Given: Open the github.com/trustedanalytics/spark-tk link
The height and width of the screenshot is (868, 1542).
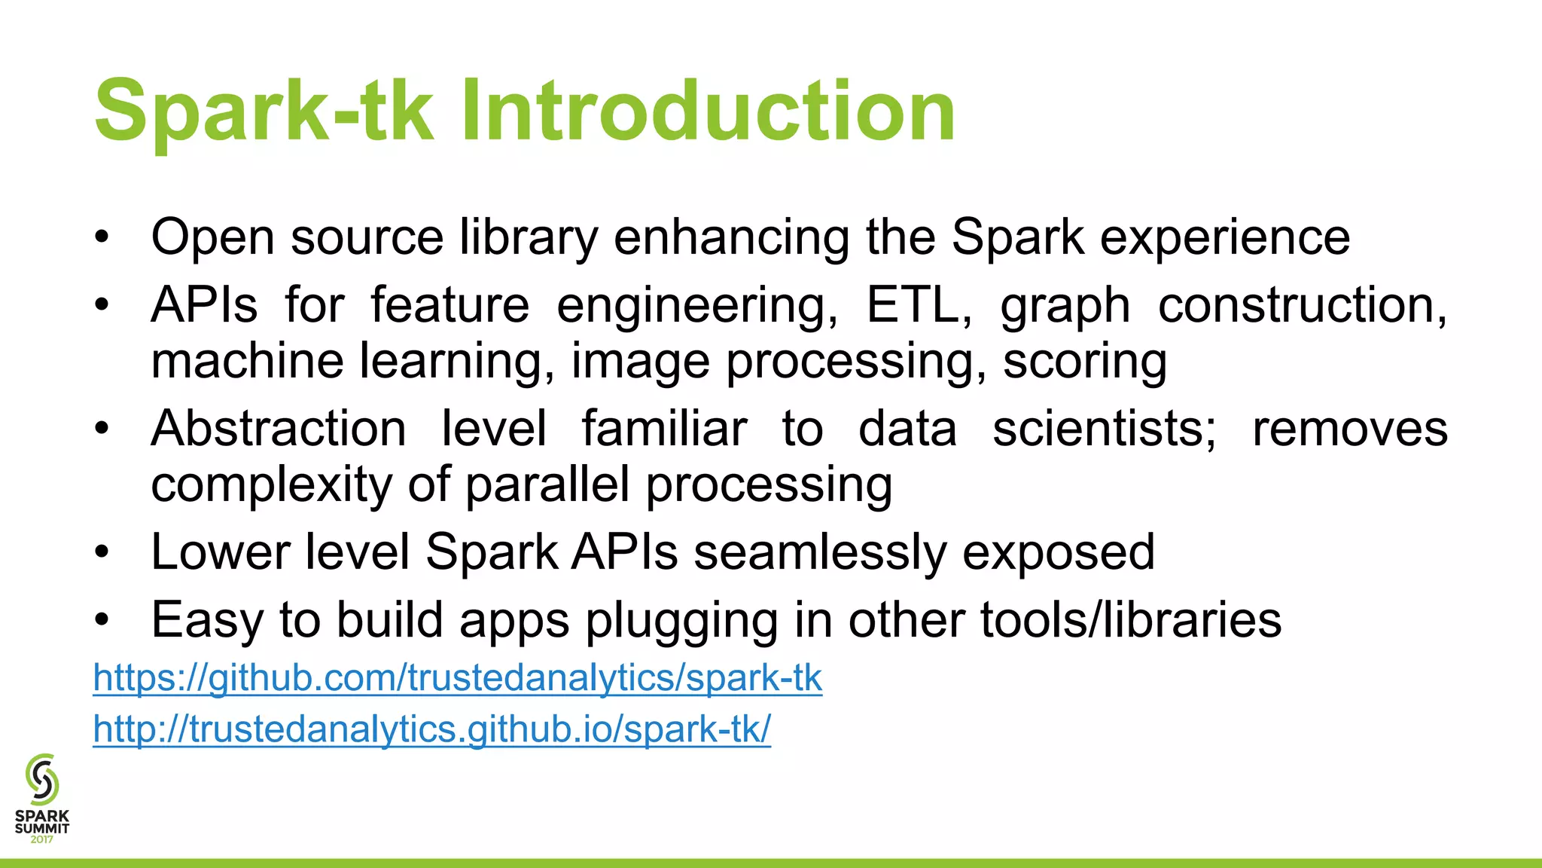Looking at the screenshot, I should [457, 677].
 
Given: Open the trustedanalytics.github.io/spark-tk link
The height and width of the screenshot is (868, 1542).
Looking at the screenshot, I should [431, 729].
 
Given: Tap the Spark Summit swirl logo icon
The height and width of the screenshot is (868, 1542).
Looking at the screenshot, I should [42, 779].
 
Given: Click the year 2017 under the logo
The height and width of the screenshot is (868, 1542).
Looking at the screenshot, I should [42, 839].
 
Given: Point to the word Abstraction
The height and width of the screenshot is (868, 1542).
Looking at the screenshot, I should [279, 429].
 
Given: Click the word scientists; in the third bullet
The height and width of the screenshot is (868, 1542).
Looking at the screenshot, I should [1104, 429].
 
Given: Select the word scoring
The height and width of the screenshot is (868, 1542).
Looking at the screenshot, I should [1085, 361].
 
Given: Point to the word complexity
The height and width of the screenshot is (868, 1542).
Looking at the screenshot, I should [272, 484].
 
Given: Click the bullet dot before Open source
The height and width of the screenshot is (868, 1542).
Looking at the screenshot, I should [102, 238].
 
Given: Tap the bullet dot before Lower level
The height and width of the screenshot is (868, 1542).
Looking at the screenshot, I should [102, 553].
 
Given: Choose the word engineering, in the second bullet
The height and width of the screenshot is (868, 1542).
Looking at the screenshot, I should [697, 307].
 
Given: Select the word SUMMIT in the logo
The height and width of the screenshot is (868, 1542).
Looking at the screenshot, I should [42, 828].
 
